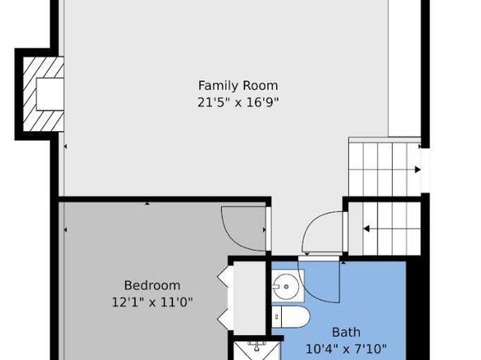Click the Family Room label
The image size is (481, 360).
click(x=238, y=86)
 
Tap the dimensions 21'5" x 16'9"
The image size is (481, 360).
click(x=238, y=102)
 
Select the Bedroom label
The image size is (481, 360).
click(x=152, y=286)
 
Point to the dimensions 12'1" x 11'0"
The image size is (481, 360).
click(x=152, y=303)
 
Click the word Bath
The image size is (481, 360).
click(x=347, y=332)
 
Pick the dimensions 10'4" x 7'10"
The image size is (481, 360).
click(x=347, y=349)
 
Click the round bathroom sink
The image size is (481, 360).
click(x=287, y=286)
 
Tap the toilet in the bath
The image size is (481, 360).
click(x=291, y=316)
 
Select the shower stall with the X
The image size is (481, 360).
click(x=257, y=351)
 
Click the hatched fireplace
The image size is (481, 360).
click(x=43, y=94)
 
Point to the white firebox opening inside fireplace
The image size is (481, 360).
click(x=50, y=94)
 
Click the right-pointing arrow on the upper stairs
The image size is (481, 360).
click(x=418, y=169)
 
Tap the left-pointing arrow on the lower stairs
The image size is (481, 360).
click(x=366, y=229)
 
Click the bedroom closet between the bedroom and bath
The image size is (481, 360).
click(x=249, y=298)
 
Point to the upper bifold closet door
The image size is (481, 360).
click(x=223, y=277)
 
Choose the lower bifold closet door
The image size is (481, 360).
click(x=223, y=320)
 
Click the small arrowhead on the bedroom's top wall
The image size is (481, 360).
click(x=147, y=203)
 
